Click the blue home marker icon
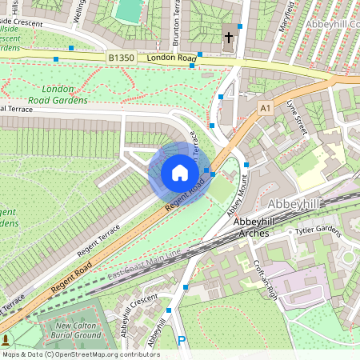click(x=180, y=173)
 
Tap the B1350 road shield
click(x=121, y=58)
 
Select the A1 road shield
click(x=266, y=106)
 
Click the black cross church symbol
click(x=228, y=37)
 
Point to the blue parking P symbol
click(x=182, y=341)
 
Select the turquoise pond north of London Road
click(x=127, y=10)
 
